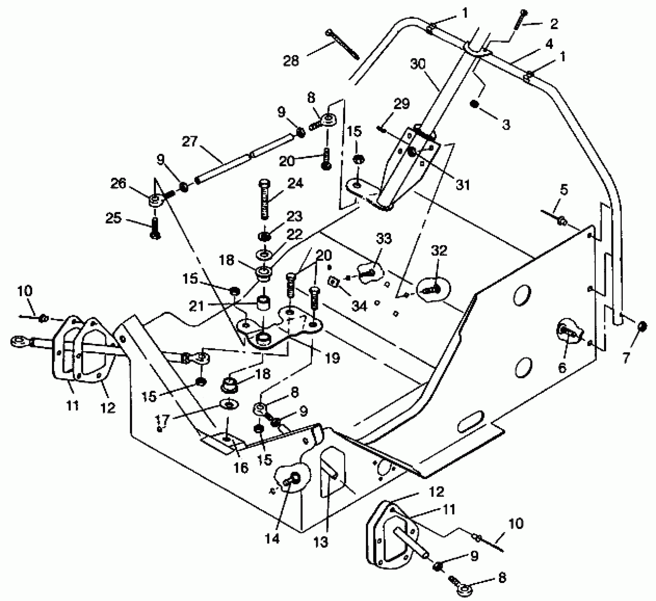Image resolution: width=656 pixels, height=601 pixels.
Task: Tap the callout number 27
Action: pyautogui.click(x=190, y=142)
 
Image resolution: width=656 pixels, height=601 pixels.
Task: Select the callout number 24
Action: pyautogui.click(x=295, y=183)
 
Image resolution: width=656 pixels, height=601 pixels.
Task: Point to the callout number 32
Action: pyautogui.click(x=439, y=251)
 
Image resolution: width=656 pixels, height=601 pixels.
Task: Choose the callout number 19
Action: pyautogui.click(x=332, y=358)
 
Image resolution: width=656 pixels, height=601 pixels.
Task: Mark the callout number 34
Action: pyautogui.click(x=359, y=306)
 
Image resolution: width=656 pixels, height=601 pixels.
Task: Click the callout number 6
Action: pyautogui.click(x=562, y=367)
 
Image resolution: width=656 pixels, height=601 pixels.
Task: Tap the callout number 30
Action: pyautogui.click(x=418, y=64)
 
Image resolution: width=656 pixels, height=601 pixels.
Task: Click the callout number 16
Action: pyautogui.click(x=241, y=468)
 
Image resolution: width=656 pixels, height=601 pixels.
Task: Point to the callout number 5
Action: pyautogui.click(x=564, y=189)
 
